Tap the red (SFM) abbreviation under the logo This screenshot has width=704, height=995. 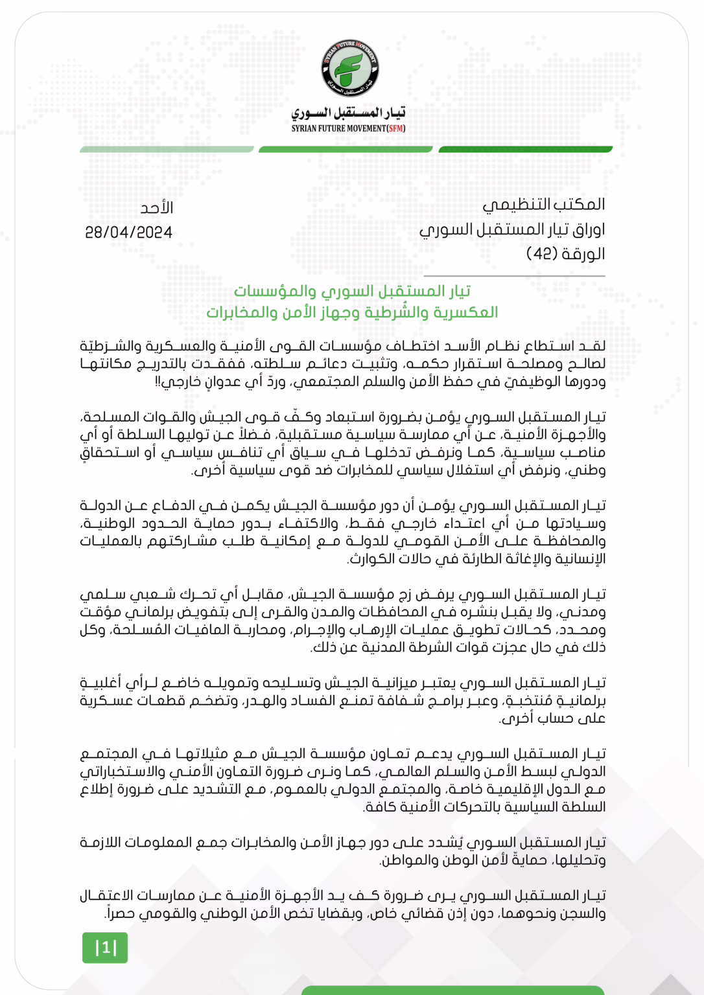(x=395, y=128)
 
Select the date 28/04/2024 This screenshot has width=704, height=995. (x=128, y=233)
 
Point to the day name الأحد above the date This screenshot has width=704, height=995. (x=157, y=208)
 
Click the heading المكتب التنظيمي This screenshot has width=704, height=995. (x=543, y=205)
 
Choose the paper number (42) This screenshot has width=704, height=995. (x=539, y=253)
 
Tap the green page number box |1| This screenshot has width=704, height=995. (x=105, y=948)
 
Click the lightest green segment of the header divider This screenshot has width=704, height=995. (x=167, y=150)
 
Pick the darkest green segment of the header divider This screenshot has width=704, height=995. (x=525, y=150)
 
